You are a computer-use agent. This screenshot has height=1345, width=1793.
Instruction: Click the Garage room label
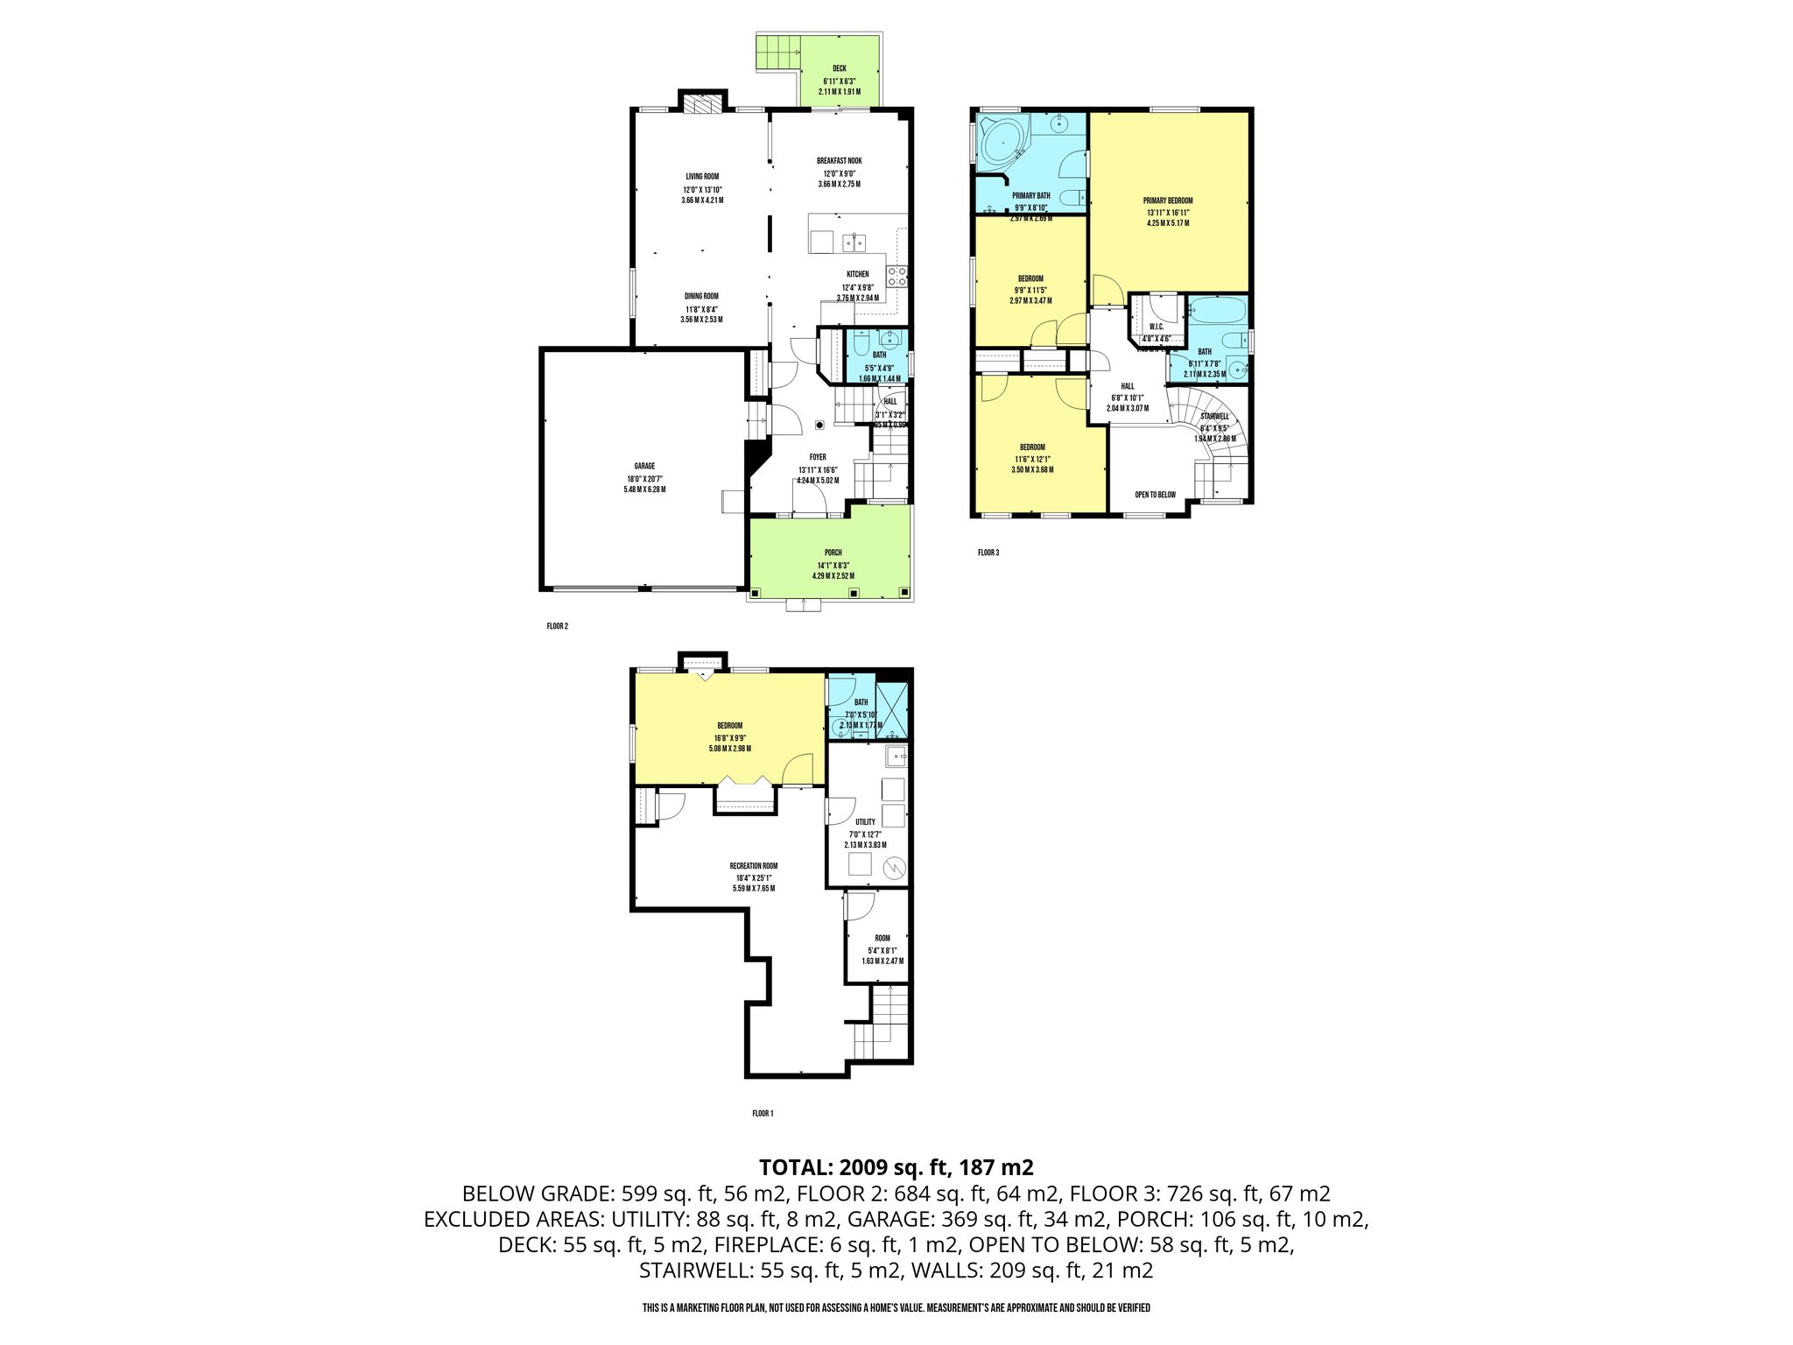(644, 467)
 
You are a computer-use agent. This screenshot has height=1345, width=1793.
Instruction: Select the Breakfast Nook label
(839, 161)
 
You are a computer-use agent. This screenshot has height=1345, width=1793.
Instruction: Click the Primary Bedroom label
(1167, 201)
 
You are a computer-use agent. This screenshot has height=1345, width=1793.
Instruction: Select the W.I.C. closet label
(1156, 327)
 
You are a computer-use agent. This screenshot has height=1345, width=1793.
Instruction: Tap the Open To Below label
(1155, 495)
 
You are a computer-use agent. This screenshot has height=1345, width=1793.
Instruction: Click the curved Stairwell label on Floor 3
(1214, 416)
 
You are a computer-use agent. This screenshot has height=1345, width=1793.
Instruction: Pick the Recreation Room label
(753, 866)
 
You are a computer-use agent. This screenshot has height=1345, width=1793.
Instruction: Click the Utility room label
(865, 822)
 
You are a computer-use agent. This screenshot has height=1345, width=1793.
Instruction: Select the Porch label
(833, 553)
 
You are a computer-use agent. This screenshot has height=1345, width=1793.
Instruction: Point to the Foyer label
(818, 457)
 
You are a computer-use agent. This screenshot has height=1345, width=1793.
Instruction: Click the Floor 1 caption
(763, 1114)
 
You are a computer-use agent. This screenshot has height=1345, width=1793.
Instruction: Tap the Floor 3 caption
(988, 553)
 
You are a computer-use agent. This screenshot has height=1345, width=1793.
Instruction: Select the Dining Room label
(700, 296)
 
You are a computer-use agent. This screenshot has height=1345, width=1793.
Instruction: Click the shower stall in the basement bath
(892, 710)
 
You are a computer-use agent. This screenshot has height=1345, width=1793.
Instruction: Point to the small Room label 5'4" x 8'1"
(882, 938)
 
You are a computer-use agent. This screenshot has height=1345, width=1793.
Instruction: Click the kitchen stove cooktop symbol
(896, 277)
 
